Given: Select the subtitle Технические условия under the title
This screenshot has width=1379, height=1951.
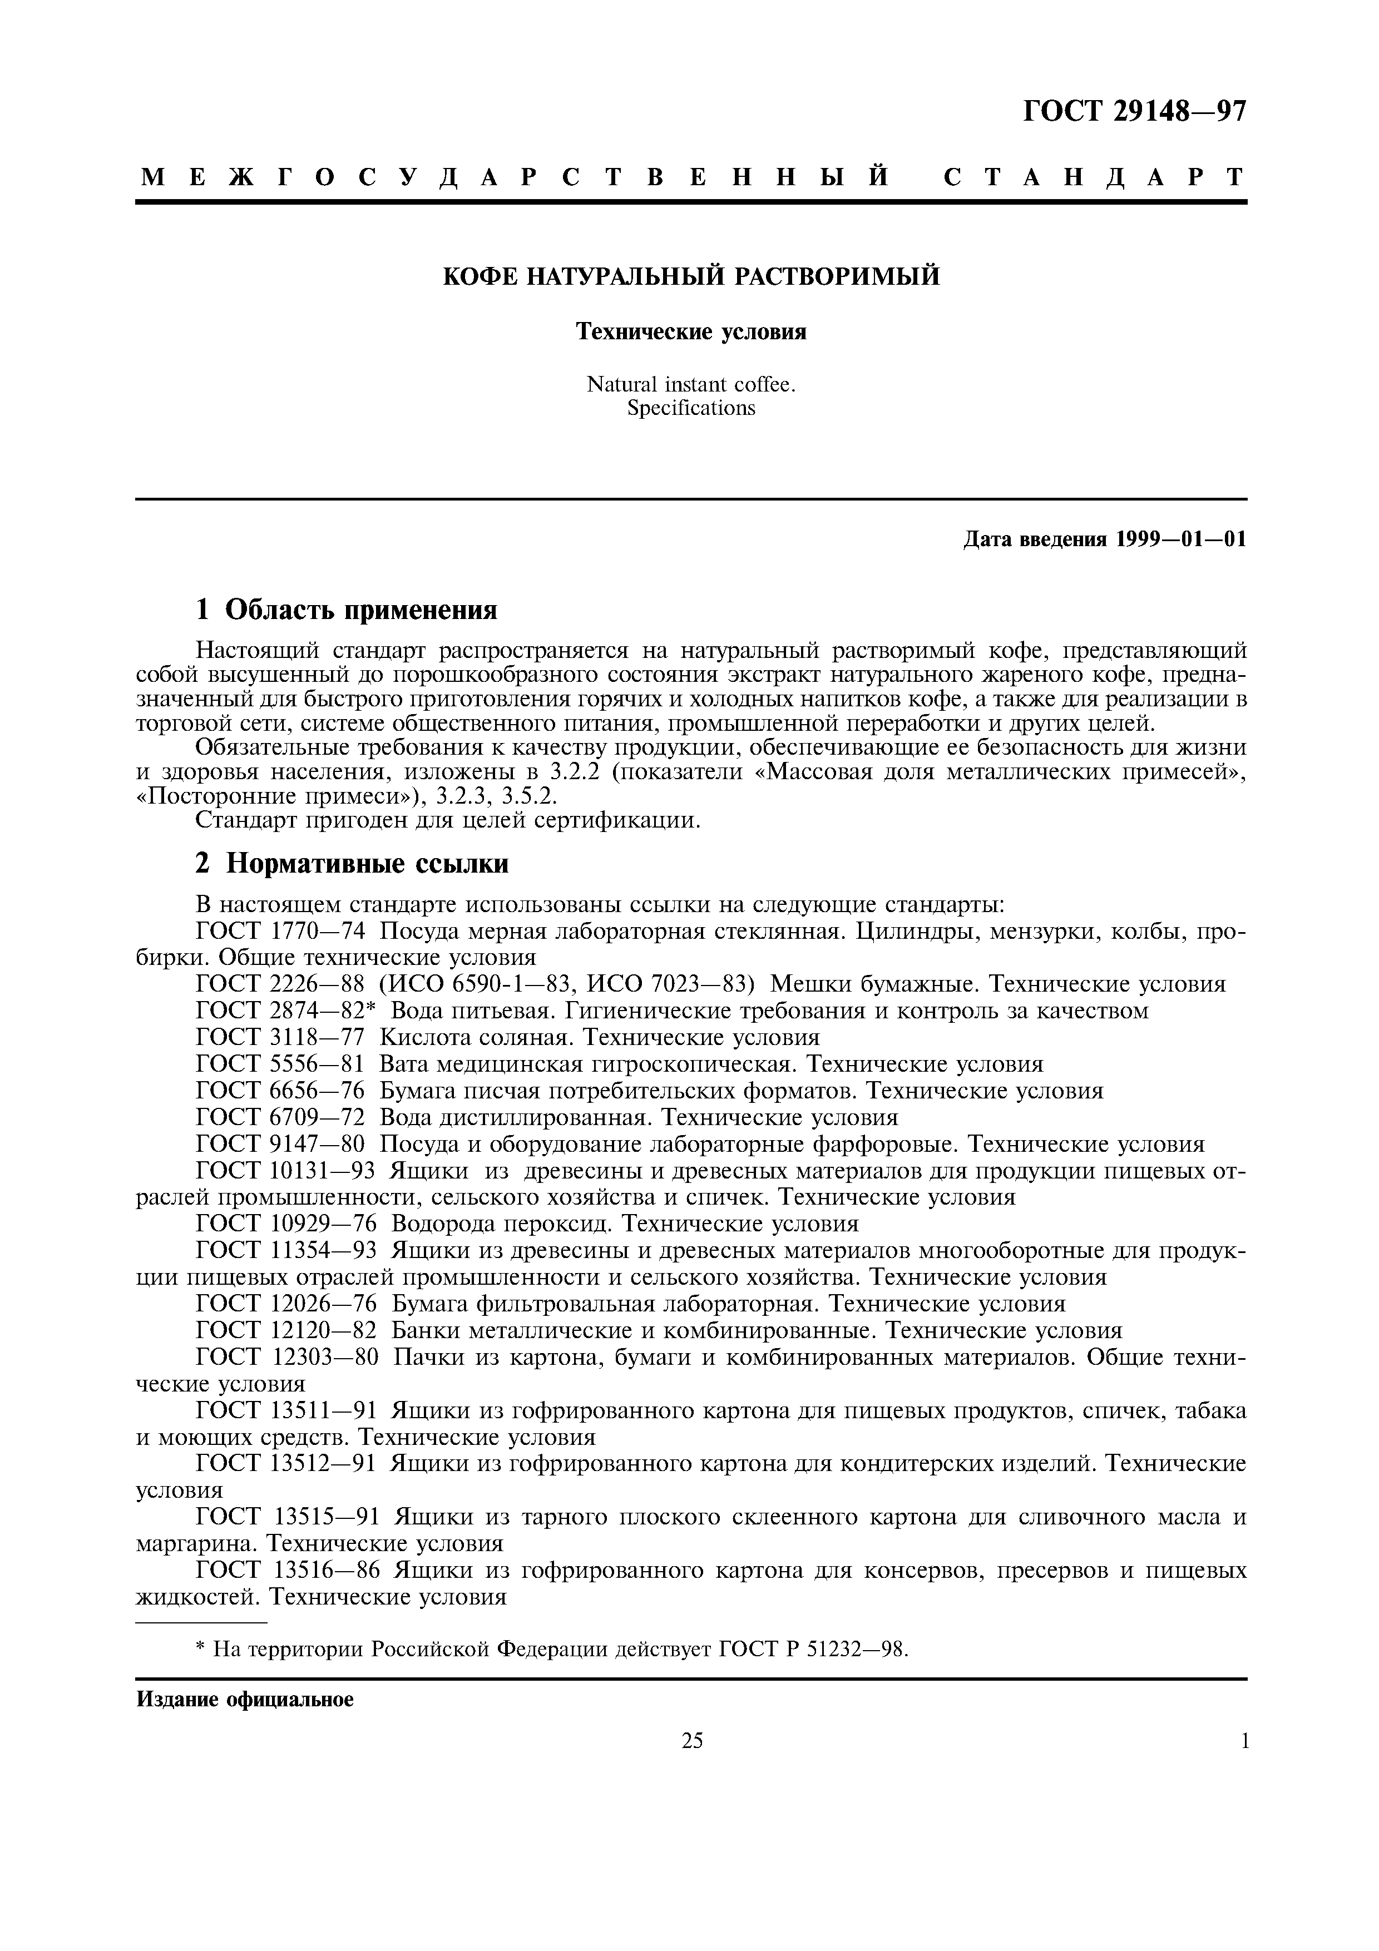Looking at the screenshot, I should click(691, 331).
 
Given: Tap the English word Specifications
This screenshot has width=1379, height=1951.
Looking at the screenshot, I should click(691, 409).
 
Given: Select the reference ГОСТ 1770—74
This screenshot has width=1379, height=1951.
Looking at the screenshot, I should click(280, 932).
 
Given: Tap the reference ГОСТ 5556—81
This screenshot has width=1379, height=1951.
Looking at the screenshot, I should click(280, 1064).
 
